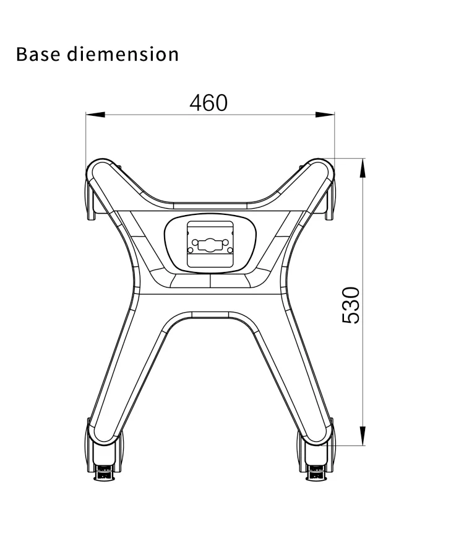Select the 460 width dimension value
[x=208, y=103]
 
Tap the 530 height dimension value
[x=351, y=305]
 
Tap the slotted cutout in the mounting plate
[x=210, y=243]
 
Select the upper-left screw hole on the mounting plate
[x=192, y=234]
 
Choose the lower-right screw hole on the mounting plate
[x=230, y=250]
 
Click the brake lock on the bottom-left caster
[x=104, y=476]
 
